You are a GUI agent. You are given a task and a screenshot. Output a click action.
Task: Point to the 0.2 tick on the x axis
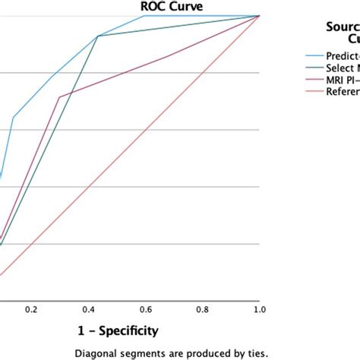pyautogui.click(x=31, y=310)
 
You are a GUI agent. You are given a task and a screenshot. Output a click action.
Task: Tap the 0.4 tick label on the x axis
pyautogui.click(x=88, y=310)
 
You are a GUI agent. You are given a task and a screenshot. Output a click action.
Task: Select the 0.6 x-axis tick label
pyautogui.click(x=145, y=310)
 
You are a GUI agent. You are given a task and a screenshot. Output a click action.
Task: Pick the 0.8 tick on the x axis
pyautogui.click(x=202, y=310)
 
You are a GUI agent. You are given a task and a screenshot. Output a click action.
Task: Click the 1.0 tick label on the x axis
pyautogui.click(x=259, y=310)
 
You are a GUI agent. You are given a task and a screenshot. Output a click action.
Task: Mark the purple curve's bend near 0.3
pyautogui.click(x=59, y=97)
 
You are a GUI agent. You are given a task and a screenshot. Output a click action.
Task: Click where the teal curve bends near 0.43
pyautogui.click(x=97, y=36)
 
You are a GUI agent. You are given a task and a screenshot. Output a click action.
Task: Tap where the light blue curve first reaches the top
pyautogui.click(x=144, y=16)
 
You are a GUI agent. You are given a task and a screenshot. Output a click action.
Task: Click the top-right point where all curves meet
pyautogui.click(x=260, y=16)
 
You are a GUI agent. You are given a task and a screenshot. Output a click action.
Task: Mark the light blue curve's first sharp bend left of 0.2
pyautogui.click(x=13, y=117)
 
